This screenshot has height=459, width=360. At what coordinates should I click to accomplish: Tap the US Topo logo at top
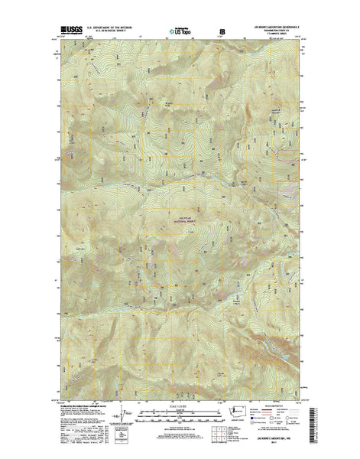click(182, 31)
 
